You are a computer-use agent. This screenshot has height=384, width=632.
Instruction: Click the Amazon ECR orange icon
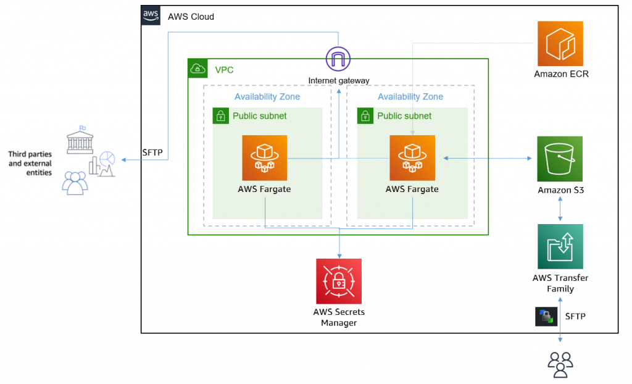[x=560, y=43]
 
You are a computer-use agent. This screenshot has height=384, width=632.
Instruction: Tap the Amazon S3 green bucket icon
[x=560, y=159]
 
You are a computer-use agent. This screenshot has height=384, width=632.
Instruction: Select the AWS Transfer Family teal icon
[x=560, y=247]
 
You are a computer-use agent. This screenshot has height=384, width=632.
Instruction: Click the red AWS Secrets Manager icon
[x=338, y=281]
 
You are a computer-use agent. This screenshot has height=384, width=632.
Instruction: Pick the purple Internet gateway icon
[x=338, y=59]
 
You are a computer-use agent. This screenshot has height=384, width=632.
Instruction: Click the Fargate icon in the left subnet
[x=264, y=158]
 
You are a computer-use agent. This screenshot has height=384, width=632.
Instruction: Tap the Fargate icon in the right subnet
[x=412, y=158]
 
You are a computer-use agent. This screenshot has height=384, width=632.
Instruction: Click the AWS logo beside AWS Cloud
[x=151, y=16]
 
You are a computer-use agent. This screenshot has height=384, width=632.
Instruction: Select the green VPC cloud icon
[x=198, y=69]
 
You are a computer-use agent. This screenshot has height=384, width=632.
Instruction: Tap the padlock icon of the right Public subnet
[x=365, y=116]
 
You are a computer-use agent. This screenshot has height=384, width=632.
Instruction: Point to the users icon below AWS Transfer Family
[x=560, y=364]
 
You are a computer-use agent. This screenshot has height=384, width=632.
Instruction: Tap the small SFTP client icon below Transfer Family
[x=546, y=317]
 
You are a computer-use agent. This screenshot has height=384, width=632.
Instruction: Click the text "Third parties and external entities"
[x=30, y=164]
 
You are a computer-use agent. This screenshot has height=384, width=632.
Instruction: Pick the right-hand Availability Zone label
[x=410, y=96]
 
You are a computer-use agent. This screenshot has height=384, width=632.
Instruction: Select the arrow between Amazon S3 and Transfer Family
[x=560, y=210]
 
